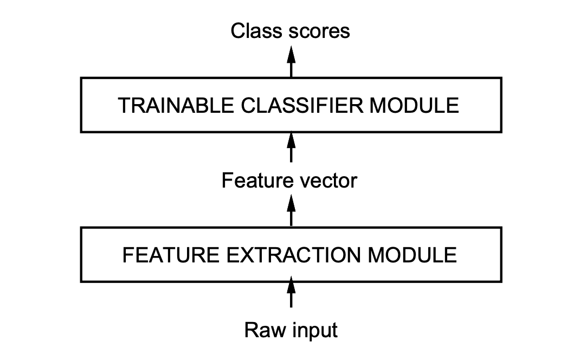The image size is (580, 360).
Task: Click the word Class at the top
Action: coord(256,31)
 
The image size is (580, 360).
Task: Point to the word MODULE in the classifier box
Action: coord(414,105)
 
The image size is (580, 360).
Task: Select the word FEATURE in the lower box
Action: coord(171,255)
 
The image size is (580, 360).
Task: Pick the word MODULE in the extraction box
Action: coord(413,255)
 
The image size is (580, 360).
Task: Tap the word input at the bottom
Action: coord(315,331)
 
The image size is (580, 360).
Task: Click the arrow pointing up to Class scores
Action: coord(291,61)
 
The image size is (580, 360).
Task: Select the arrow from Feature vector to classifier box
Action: coord(291,147)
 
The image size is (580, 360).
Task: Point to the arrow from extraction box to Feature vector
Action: coord(291,210)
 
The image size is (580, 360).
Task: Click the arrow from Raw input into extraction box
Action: coord(291,292)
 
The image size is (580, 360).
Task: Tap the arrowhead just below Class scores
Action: coord(291,54)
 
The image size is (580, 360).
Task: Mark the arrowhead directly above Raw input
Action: coord(291,285)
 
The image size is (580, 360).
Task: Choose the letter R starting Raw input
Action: coord(252,330)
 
